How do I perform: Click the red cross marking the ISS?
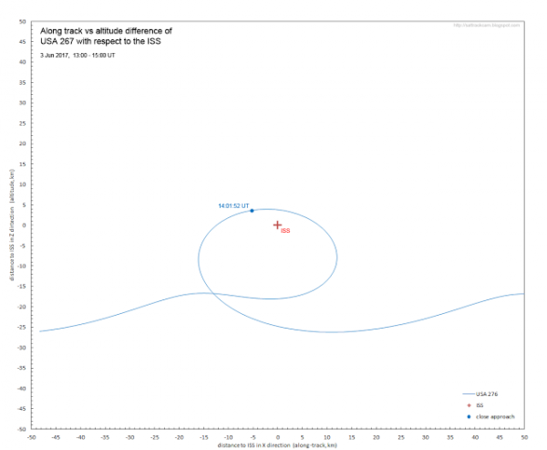click(x=277, y=225)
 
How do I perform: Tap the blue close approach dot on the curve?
click(x=253, y=211)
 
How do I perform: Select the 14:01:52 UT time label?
click(x=233, y=206)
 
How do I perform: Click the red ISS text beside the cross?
click(x=285, y=232)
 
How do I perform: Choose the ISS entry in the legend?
click(x=480, y=404)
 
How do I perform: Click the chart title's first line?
click(x=106, y=30)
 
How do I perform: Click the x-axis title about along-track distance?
click(x=277, y=445)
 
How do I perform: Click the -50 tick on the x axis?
click(x=31, y=437)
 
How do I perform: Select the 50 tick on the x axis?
click(x=523, y=437)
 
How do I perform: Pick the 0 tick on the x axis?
click(x=277, y=437)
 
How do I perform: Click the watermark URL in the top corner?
click(x=486, y=25)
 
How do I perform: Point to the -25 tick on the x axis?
click(x=154, y=437)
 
